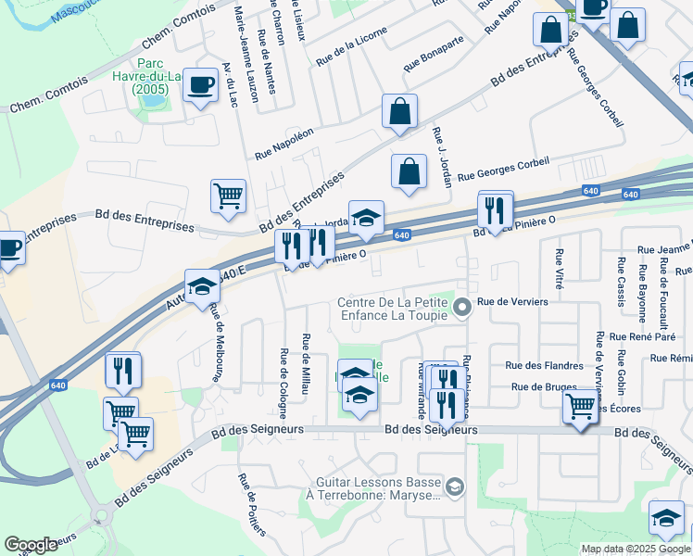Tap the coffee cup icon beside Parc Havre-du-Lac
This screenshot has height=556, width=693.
pos(198,85)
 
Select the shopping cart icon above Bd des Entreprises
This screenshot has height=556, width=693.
pos(228,196)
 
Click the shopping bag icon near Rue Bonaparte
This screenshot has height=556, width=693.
pos(399,112)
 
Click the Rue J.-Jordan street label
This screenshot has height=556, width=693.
pos(439,158)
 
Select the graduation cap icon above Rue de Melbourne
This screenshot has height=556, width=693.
pos(201,285)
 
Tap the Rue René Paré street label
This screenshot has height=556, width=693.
pos(643,336)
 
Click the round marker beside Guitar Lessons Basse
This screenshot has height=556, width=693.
pos(455,486)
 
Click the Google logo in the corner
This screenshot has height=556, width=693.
pos(31,545)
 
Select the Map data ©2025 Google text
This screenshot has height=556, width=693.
pos(636,549)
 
